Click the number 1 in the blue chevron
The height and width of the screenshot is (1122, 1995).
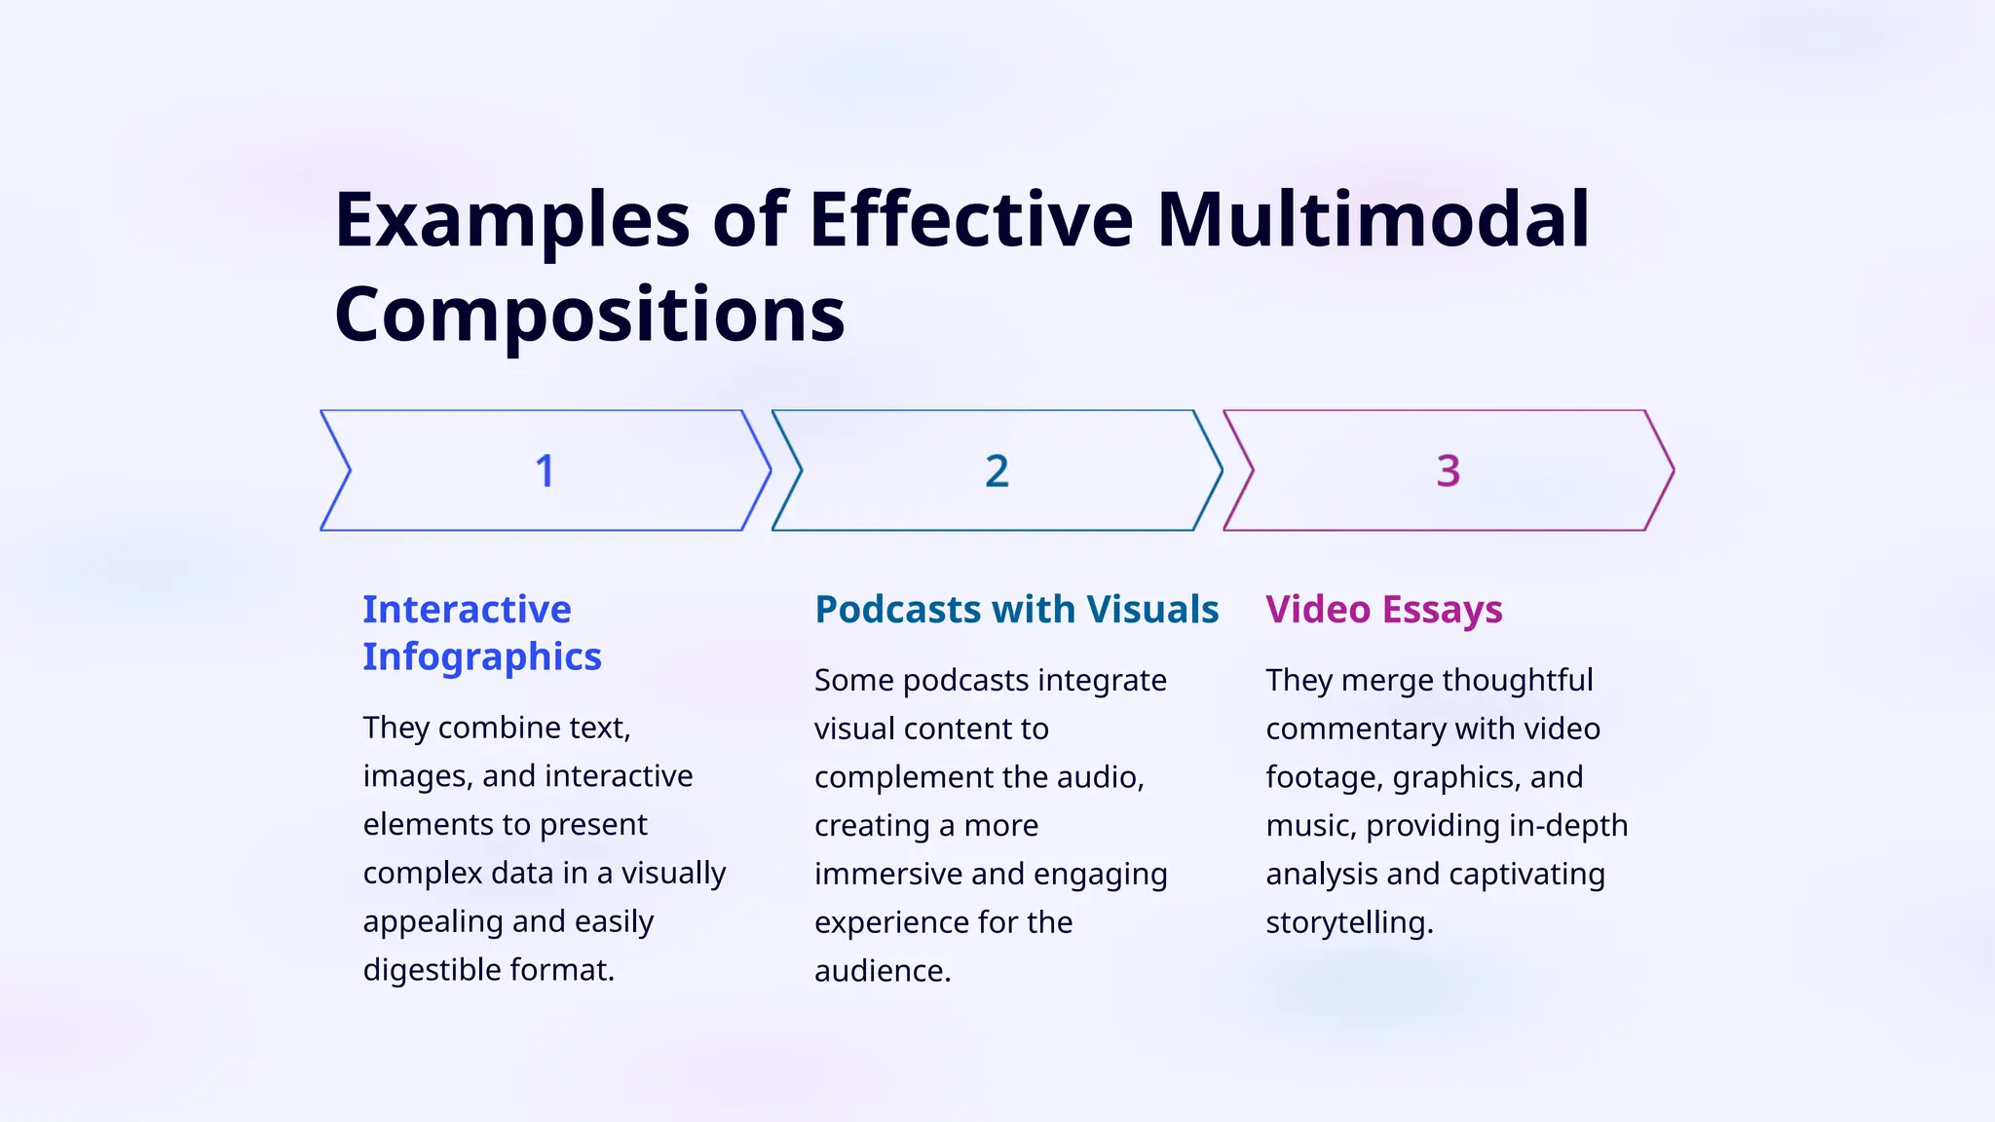(545, 471)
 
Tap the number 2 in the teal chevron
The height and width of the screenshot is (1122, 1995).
(997, 471)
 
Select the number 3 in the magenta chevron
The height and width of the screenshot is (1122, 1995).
(1449, 471)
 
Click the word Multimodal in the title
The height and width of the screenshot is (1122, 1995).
(1374, 220)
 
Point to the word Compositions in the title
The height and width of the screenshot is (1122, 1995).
(589, 316)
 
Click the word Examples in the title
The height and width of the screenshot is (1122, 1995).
(512, 220)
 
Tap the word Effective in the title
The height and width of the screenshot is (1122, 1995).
(971, 220)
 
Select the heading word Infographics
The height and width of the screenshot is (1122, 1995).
(482, 657)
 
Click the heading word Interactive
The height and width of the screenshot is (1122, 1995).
(467, 610)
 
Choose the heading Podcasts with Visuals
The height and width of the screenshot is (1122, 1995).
(1016, 610)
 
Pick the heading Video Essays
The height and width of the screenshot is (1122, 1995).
(1384, 610)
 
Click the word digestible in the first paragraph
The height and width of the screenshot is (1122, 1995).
(440, 970)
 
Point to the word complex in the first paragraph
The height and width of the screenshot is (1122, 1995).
(422, 873)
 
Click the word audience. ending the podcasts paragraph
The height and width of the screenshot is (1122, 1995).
(883, 971)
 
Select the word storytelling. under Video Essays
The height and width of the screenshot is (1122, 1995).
(1349, 922)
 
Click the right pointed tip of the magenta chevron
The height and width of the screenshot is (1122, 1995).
(1672, 471)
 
